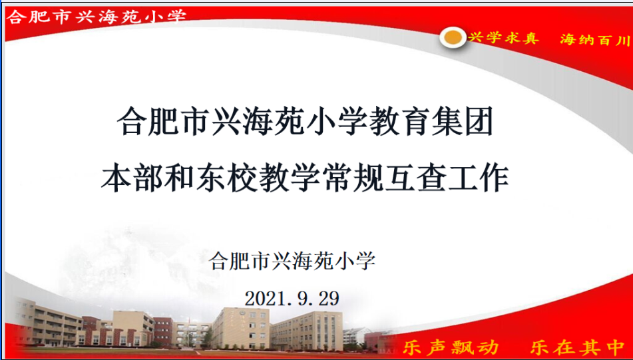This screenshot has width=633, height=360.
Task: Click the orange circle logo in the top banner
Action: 453,37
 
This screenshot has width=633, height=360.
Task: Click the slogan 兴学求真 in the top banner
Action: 504,38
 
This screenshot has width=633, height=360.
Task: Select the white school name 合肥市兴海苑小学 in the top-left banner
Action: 97,17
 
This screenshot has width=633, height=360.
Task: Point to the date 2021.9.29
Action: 292,298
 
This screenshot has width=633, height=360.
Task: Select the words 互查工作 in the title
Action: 446,178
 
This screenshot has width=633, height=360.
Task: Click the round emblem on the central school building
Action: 241,313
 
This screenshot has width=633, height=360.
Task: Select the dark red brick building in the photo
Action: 163,331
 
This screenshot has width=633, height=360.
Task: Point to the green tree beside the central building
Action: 207,337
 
